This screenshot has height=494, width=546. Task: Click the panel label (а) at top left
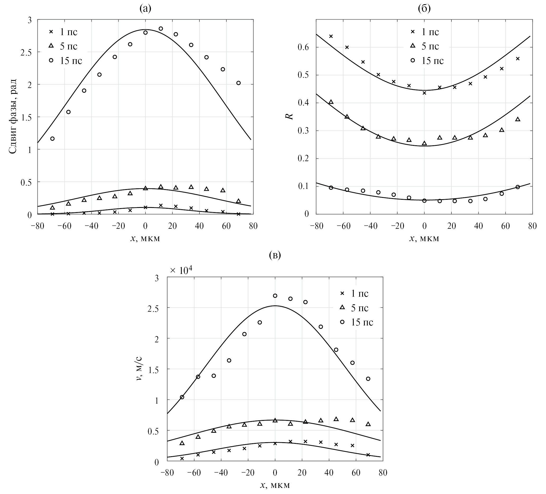coord(145,9)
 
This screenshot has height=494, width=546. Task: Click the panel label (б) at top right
coord(424,9)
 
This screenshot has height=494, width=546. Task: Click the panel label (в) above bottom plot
coord(275,255)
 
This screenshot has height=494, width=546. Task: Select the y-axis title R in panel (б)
coord(290,116)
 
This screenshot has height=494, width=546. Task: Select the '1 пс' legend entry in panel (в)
coord(355,293)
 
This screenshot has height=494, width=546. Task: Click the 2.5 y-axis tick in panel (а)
coord(26,52)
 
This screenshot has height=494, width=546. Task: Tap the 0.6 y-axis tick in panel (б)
coord(304,47)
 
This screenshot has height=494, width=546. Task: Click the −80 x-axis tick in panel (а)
coord(37,226)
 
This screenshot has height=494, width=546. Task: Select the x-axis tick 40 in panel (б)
coord(479,226)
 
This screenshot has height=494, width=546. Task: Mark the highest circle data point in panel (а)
coord(161,29)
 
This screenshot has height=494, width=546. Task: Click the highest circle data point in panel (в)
coord(275,296)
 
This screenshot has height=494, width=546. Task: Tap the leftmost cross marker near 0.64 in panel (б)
coord(331,36)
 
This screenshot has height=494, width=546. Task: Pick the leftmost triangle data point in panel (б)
coord(331,102)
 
